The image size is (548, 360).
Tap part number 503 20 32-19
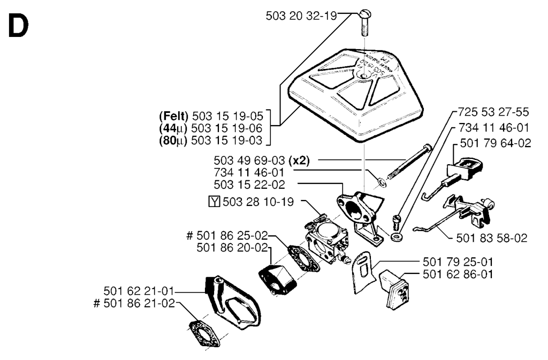tap(301, 16)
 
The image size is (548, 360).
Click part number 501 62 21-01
tap(139, 292)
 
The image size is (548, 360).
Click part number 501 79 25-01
tap(458, 262)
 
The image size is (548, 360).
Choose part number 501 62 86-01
tap(458, 275)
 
